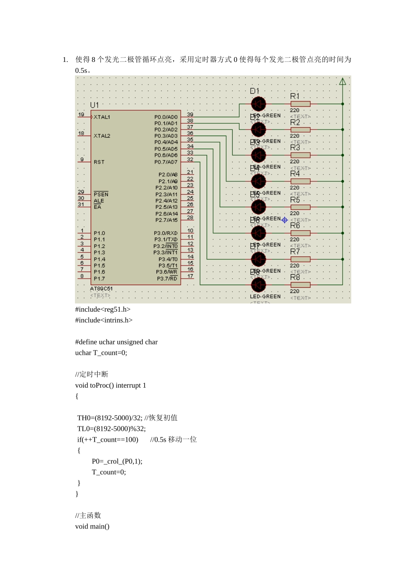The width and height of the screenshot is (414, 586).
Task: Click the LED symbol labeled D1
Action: tap(258, 104)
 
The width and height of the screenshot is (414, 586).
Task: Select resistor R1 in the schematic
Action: tap(300, 104)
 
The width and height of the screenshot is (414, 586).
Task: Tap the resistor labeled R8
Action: tap(300, 285)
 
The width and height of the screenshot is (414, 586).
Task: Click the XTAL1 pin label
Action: tap(102, 117)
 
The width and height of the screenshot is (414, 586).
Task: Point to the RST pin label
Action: tap(99, 162)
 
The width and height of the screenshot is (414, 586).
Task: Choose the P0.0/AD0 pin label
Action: tap(166, 117)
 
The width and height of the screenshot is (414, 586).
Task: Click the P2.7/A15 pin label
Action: tap(166, 220)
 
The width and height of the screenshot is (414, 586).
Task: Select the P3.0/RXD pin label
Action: tap(166, 233)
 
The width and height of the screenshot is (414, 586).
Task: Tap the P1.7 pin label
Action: tap(99, 279)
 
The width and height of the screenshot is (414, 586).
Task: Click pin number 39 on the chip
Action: tap(190, 114)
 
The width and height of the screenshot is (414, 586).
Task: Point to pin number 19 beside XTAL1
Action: tap(81, 114)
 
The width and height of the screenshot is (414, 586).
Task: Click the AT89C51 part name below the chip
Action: tap(102, 289)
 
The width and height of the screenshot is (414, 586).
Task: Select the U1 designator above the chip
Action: tap(95, 105)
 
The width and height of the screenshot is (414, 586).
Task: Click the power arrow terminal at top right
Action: tap(343, 82)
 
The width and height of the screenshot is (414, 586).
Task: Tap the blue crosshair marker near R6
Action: tap(285, 220)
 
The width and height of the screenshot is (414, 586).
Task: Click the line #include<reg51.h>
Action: tap(103, 310)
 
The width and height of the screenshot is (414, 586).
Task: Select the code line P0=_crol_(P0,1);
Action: tap(117, 461)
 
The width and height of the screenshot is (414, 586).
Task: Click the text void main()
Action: tap(92, 526)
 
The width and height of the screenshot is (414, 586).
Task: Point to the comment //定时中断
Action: tap(92, 375)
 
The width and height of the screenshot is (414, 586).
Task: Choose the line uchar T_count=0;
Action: tap(101, 353)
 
